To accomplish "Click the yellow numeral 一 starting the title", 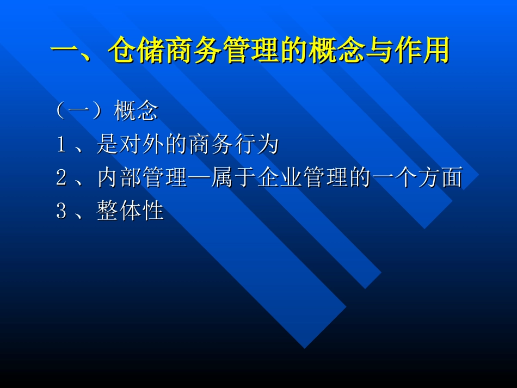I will click(x=65, y=51).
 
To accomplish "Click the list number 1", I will click(x=61, y=145).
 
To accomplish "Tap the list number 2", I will click(x=61, y=178).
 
